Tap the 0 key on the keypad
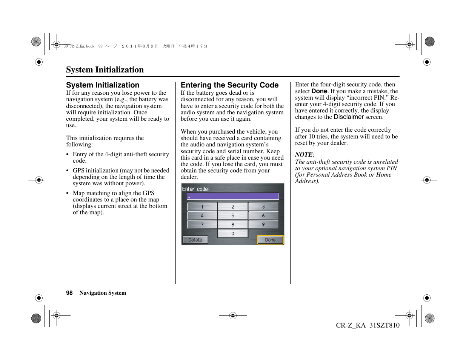(232, 234)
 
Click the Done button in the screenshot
(270, 240)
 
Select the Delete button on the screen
(195, 240)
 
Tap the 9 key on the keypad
(263, 225)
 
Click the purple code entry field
(233, 196)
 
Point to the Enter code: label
(196, 189)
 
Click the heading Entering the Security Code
(229, 85)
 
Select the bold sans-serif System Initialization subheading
(103, 85)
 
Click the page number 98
(69, 293)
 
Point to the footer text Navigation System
(103, 293)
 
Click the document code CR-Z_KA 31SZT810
(368, 325)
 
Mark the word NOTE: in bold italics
(305, 155)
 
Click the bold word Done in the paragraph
(319, 91)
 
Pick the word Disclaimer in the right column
(349, 117)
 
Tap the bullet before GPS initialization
(67, 171)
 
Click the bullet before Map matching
(67, 193)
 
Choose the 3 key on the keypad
(263, 206)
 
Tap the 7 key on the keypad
(202, 225)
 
